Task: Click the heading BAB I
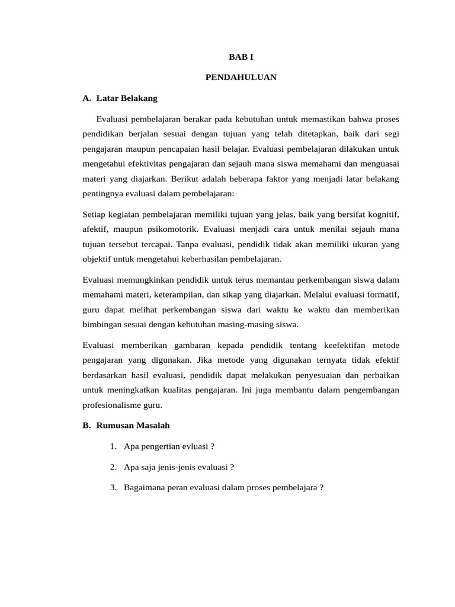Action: (241, 57)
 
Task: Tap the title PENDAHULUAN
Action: (241, 77)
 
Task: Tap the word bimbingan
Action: (102, 324)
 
